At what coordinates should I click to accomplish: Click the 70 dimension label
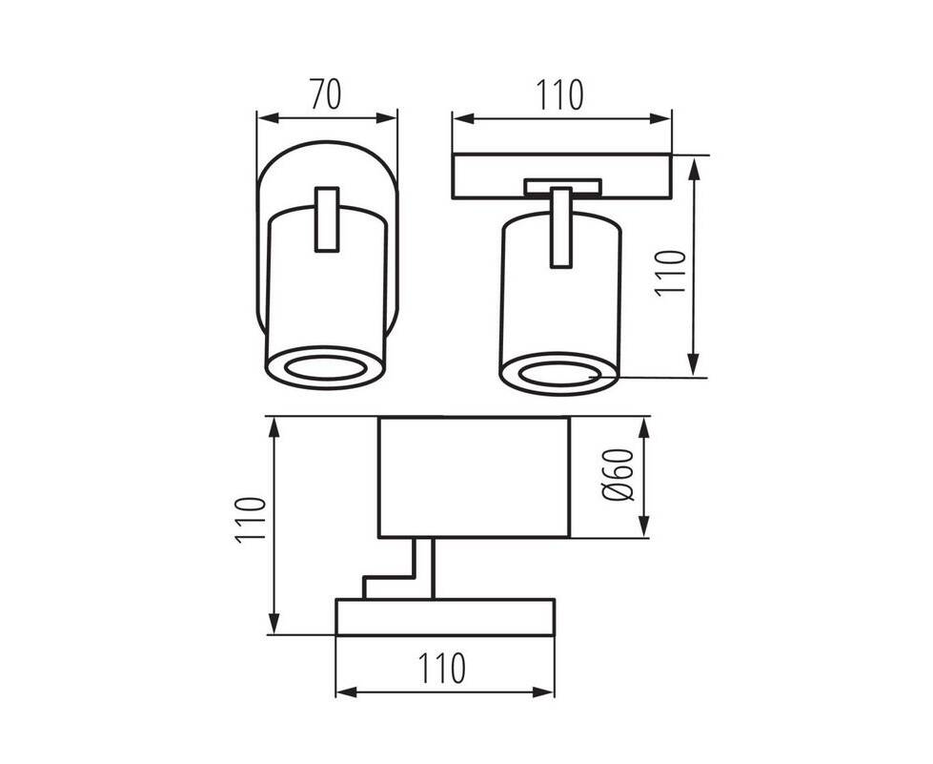pyautogui.click(x=326, y=94)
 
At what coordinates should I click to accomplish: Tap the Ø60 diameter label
pyautogui.click(x=618, y=475)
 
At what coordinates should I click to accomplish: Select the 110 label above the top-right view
pyautogui.click(x=560, y=94)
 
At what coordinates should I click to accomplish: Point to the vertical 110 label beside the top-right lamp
pyautogui.click(x=671, y=272)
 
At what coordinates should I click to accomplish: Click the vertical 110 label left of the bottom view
pyautogui.click(x=250, y=519)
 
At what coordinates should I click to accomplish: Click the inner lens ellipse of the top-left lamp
pyautogui.click(x=325, y=368)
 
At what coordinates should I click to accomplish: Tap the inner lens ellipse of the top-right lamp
pyautogui.click(x=559, y=373)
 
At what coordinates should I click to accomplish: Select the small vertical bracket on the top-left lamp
pyautogui.click(x=327, y=219)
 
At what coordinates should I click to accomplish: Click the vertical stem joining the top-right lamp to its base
pyautogui.click(x=560, y=228)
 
